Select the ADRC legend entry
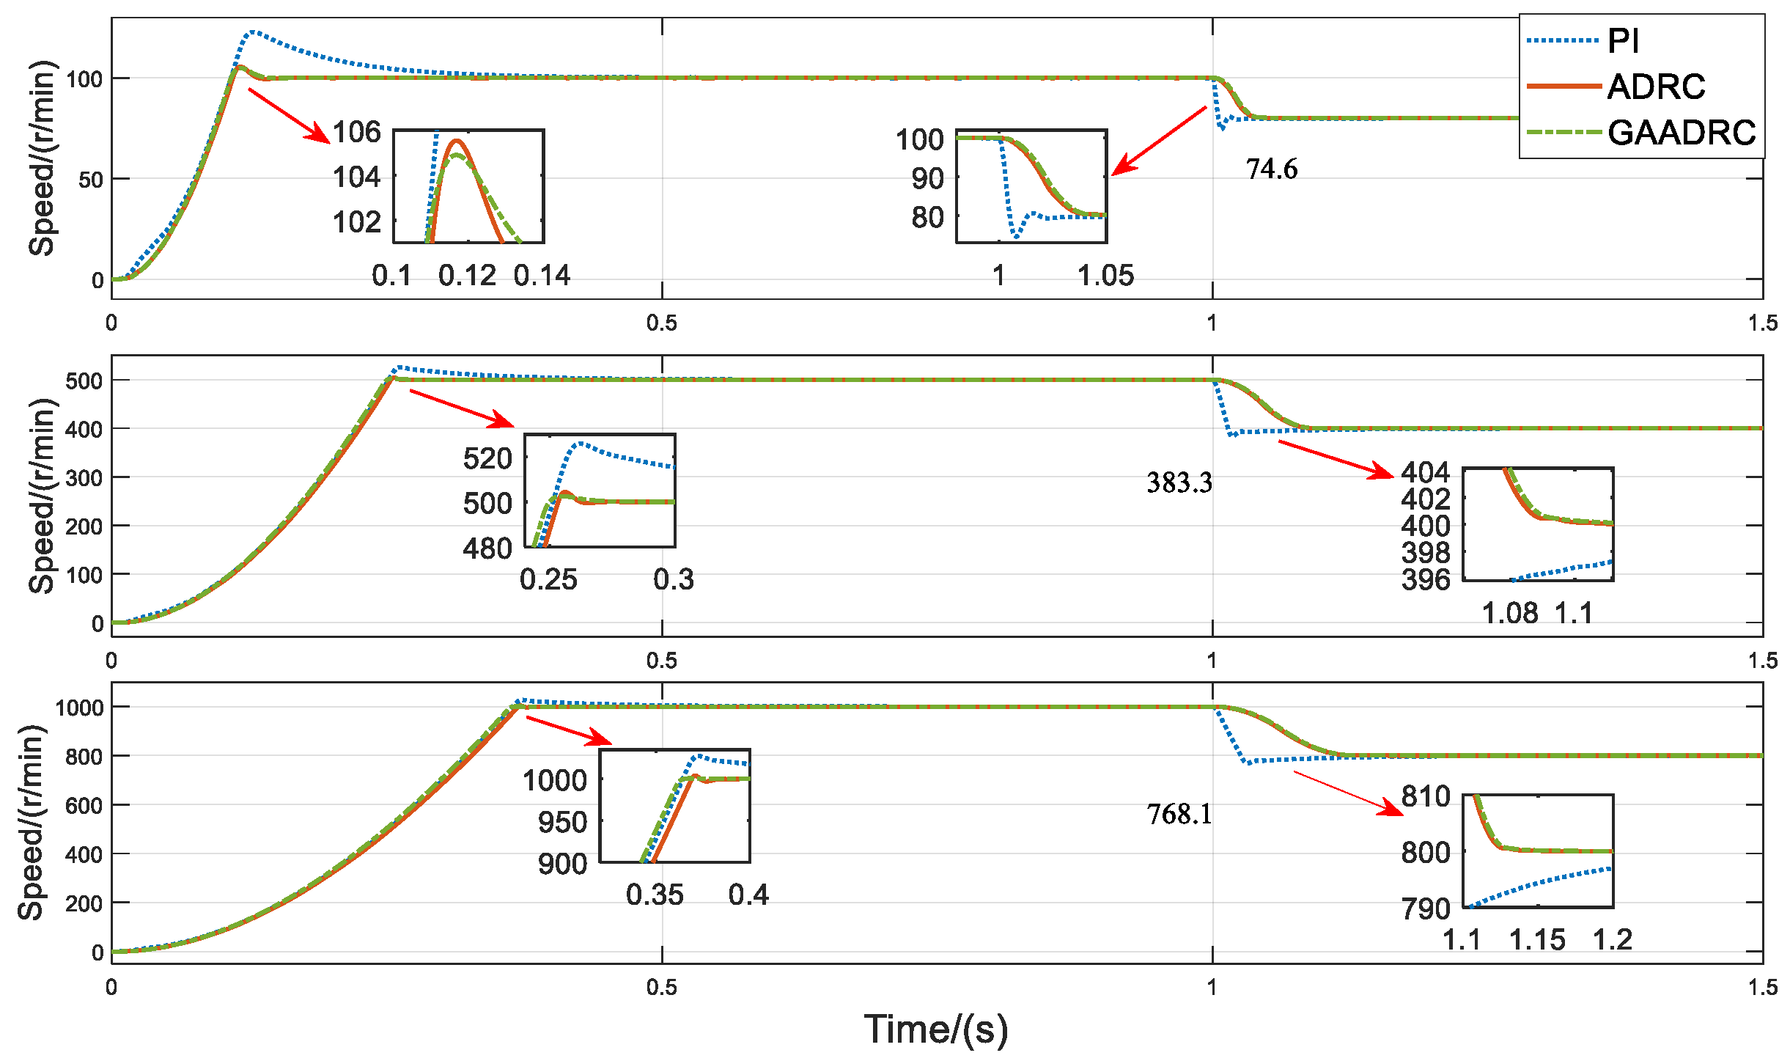coord(1655,87)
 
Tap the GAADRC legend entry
coord(1681,133)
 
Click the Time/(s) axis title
coord(935,1029)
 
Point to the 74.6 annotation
coord(1271,169)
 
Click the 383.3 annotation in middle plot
coord(1179,482)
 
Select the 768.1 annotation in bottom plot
coord(1179,814)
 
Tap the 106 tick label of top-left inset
coord(357,132)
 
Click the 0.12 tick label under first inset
coord(467,276)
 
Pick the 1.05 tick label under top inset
coord(1105,276)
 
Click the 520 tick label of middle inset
coord(487,459)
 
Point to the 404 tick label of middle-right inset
coord(1425,472)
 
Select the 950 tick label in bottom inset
coord(562,822)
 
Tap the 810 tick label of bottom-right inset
coord(1425,796)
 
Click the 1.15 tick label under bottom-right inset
coord(1536,939)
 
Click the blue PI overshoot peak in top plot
coord(253,32)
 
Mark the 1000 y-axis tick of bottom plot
coord(79,708)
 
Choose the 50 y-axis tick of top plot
coord(90,179)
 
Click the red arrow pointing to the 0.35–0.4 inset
coord(568,730)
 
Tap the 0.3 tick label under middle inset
coord(673,579)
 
